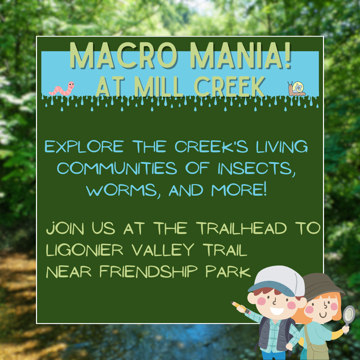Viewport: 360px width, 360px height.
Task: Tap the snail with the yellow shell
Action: (x=297, y=89)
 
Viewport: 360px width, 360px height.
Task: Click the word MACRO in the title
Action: (x=124, y=56)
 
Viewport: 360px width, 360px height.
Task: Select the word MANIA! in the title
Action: (x=241, y=56)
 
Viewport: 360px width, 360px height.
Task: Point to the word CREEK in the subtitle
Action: (x=230, y=87)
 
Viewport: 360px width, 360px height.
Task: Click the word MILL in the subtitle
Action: (x=159, y=87)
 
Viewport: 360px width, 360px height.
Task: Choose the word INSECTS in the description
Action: (x=256, y=169)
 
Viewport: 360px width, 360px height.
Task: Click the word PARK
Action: (x=228, y=272)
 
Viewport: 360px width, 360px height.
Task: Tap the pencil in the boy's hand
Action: (x=241, y=308)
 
